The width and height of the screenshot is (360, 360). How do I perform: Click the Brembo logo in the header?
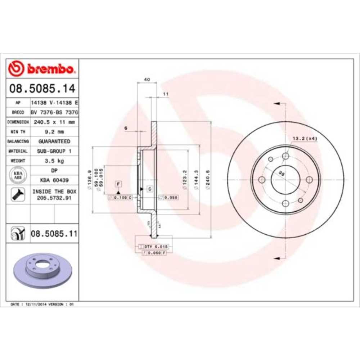(x=42, y=68)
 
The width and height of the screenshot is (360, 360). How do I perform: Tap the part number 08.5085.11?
(x=54, y=234)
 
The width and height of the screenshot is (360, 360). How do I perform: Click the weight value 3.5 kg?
(x=54, y=161)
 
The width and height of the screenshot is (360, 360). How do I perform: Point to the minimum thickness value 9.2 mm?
(x=54, y=132)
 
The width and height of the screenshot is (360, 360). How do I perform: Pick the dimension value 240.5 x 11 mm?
(x=54, y=122)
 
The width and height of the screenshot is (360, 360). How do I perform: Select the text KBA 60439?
(x=54, y=180)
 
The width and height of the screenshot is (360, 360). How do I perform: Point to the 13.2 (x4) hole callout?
(x=305, y=139)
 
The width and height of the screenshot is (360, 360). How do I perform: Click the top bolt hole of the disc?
(x=286, y=156)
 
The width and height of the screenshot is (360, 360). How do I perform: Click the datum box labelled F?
(x=118, y=184)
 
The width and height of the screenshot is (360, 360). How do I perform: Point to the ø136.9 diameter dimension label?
(x=88, y=180)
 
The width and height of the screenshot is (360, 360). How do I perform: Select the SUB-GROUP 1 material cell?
(x=54, y=151)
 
